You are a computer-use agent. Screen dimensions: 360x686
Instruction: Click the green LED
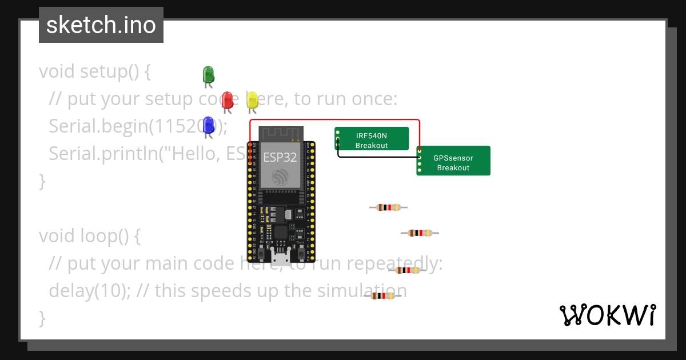208,74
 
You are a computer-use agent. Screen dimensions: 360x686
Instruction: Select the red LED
227,99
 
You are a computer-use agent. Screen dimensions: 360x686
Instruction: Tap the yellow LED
252,100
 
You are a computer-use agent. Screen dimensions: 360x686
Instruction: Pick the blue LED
208,125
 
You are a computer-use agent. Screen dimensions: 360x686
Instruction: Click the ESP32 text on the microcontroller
280,157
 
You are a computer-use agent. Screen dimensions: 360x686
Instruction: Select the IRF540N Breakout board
372,139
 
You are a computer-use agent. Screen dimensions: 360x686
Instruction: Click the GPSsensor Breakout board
453,162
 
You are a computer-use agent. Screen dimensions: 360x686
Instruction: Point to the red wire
334,121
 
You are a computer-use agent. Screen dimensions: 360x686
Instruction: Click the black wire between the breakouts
377,156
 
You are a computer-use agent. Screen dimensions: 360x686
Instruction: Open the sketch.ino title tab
101,25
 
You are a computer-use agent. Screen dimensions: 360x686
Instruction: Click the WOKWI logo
607,315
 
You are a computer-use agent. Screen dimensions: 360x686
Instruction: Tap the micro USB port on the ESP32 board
280,259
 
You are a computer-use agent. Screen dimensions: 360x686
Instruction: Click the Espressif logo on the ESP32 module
280,177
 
